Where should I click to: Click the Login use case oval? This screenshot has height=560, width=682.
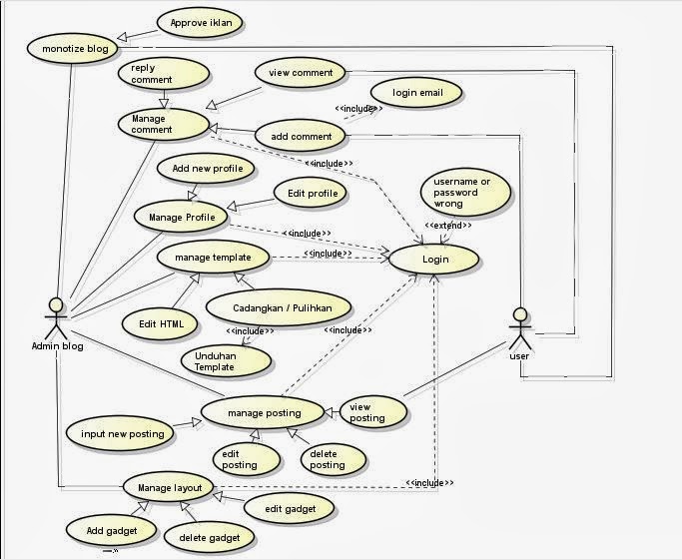pos(434,259)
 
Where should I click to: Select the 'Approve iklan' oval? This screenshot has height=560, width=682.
pos(200,22)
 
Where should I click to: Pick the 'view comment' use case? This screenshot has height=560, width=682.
pos(300,73)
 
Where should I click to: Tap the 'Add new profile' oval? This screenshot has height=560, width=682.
pos(207,169)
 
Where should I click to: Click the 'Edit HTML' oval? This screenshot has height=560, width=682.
pos(159,322)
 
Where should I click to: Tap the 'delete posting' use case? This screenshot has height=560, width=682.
pos(327,459)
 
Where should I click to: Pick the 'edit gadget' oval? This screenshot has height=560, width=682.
pos(290,509)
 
